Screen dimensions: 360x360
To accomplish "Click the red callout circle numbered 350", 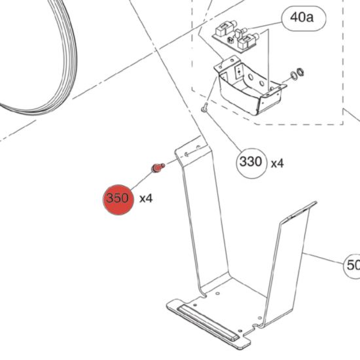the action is (x=118, y=200).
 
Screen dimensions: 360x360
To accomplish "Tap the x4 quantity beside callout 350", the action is (x=146, y=198).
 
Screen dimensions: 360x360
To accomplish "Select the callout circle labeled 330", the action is (x=252, y=163).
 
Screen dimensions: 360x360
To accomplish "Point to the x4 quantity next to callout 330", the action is (x=278, y=163).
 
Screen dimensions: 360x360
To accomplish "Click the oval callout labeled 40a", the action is (x=304, y=18).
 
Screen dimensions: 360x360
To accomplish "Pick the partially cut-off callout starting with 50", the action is (x=352, y=266).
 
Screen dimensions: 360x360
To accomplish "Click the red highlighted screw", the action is (x=158, y=168).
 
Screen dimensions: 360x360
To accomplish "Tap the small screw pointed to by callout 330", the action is (x=205, y=107).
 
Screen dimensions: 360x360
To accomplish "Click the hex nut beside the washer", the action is (x=300, y=72).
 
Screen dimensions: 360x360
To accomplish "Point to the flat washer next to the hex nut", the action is (x=294, y=76).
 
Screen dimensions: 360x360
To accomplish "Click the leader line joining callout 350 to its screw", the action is (x=141, y=181).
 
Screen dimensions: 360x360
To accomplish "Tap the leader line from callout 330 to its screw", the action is (x=223, y=131).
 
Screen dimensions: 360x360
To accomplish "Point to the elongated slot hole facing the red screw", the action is (x=187, y=154).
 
